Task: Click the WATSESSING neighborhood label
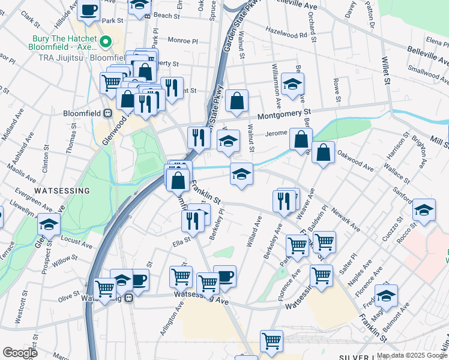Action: (x=62, y=190)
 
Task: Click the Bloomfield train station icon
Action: (x=108, y=113)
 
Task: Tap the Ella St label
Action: (x=181, y=242)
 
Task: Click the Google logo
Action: (x=20, y=353)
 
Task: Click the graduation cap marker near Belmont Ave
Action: (x=386, y=294)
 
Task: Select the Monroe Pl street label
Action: (x=183, y=41)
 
